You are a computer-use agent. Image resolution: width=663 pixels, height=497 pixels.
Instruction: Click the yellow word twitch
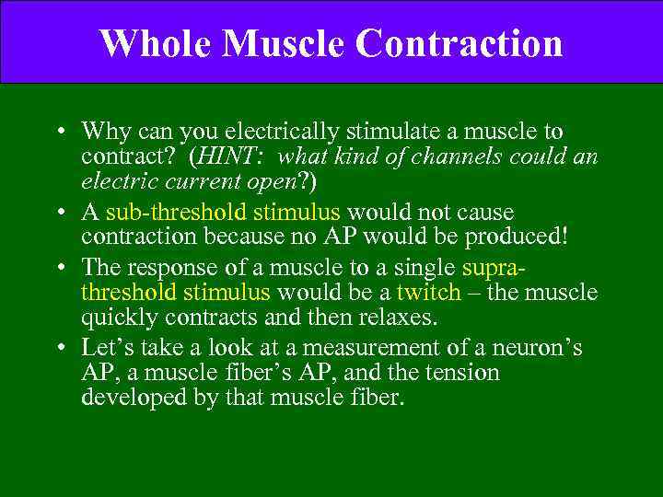pos(428,293)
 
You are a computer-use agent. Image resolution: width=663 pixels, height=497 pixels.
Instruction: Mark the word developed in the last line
pos(125,397)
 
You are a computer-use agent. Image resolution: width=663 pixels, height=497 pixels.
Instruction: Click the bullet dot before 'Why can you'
pos(60,133)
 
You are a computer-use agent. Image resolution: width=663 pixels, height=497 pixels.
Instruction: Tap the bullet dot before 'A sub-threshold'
pos(60,214)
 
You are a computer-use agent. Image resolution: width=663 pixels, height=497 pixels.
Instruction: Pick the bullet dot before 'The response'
pos(60,270)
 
